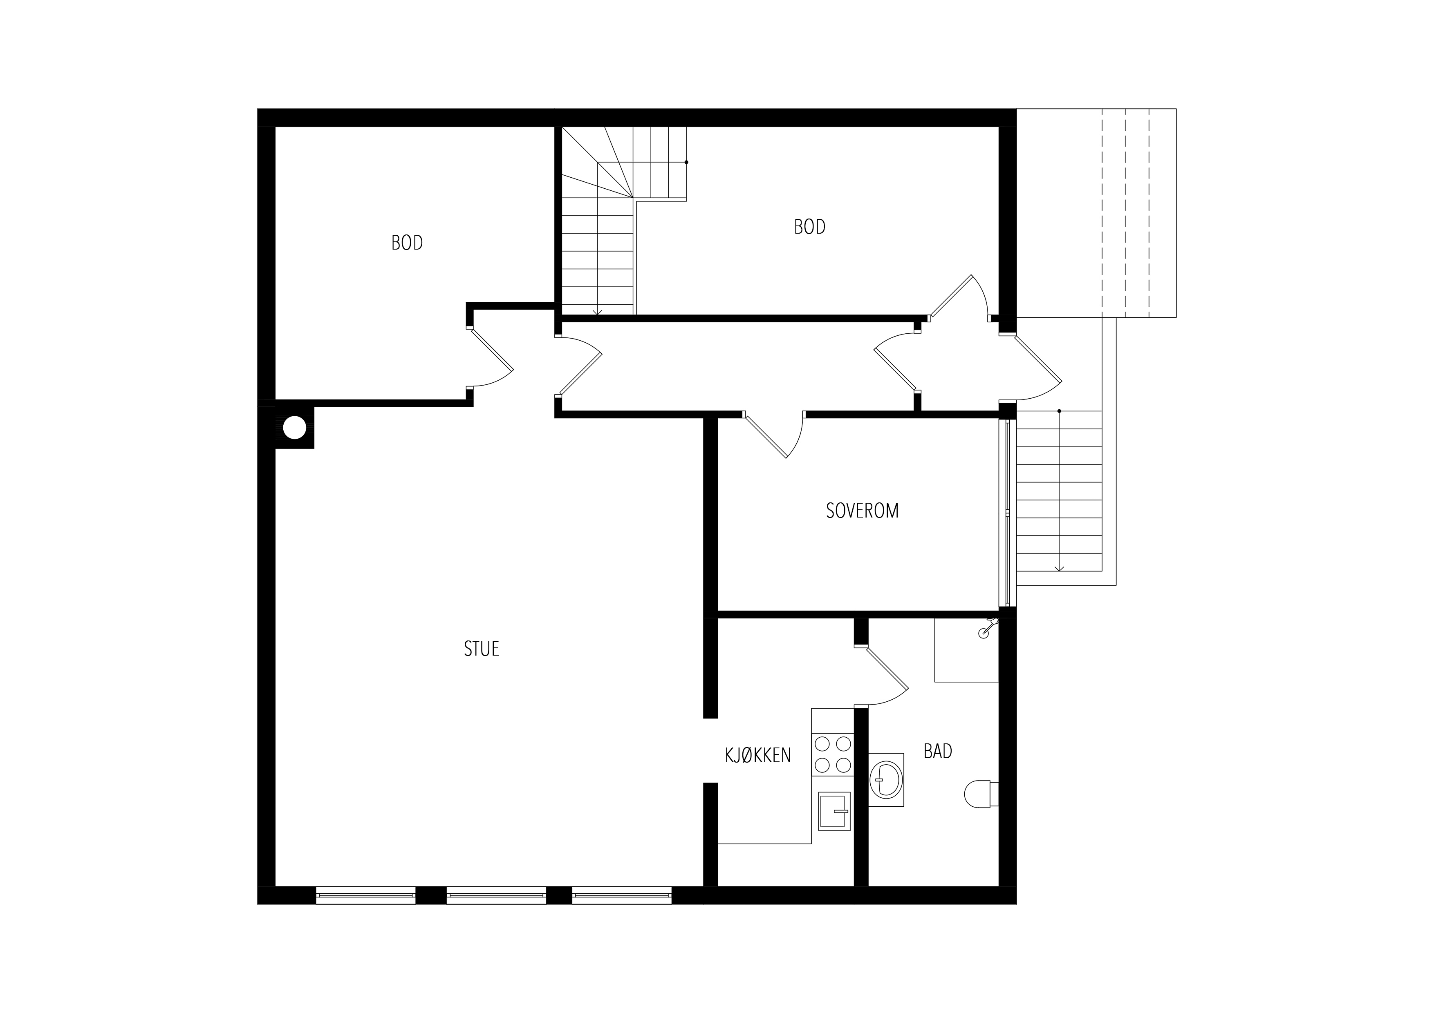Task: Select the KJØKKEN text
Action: coord(757,755)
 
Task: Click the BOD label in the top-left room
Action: coord(407,242)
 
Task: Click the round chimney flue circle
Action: coord(295,428)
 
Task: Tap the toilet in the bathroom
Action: coord(981,793)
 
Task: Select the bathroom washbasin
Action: coord(886,780)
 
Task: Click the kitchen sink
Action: coord(834,811)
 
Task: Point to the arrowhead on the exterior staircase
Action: coord(1059,568)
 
